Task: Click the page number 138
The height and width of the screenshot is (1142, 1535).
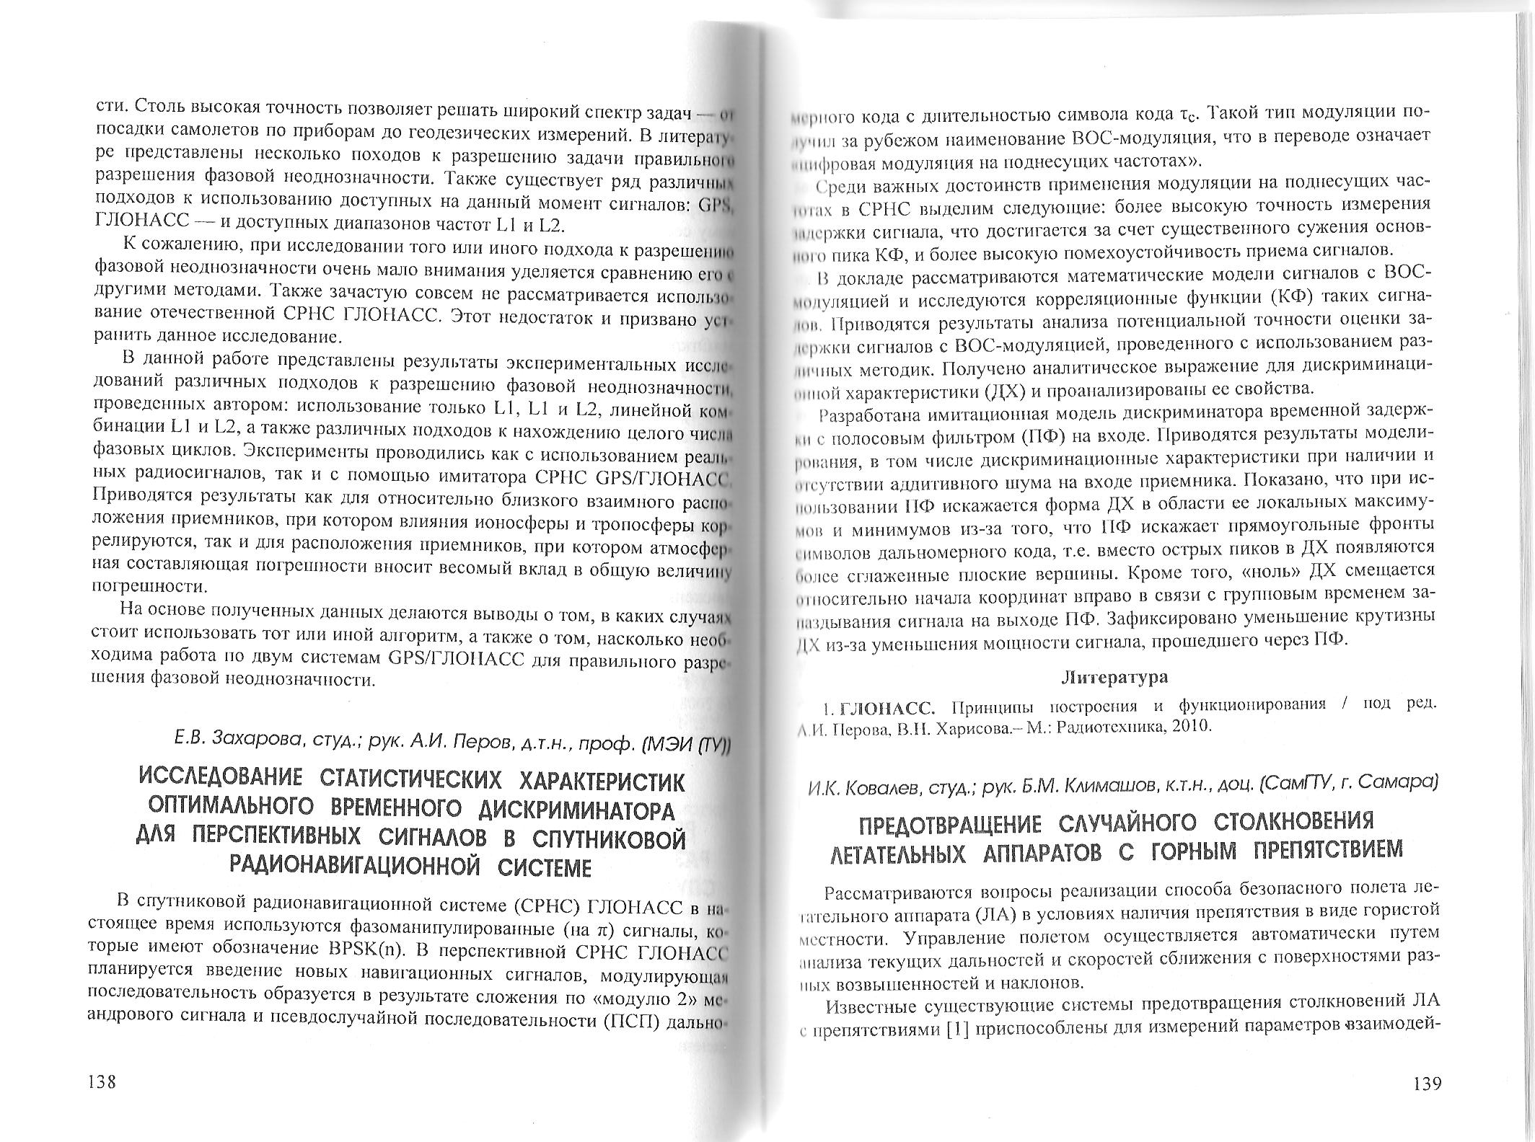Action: tap(101, 1083)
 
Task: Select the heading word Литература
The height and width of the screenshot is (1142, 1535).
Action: tap(1114, 678)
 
